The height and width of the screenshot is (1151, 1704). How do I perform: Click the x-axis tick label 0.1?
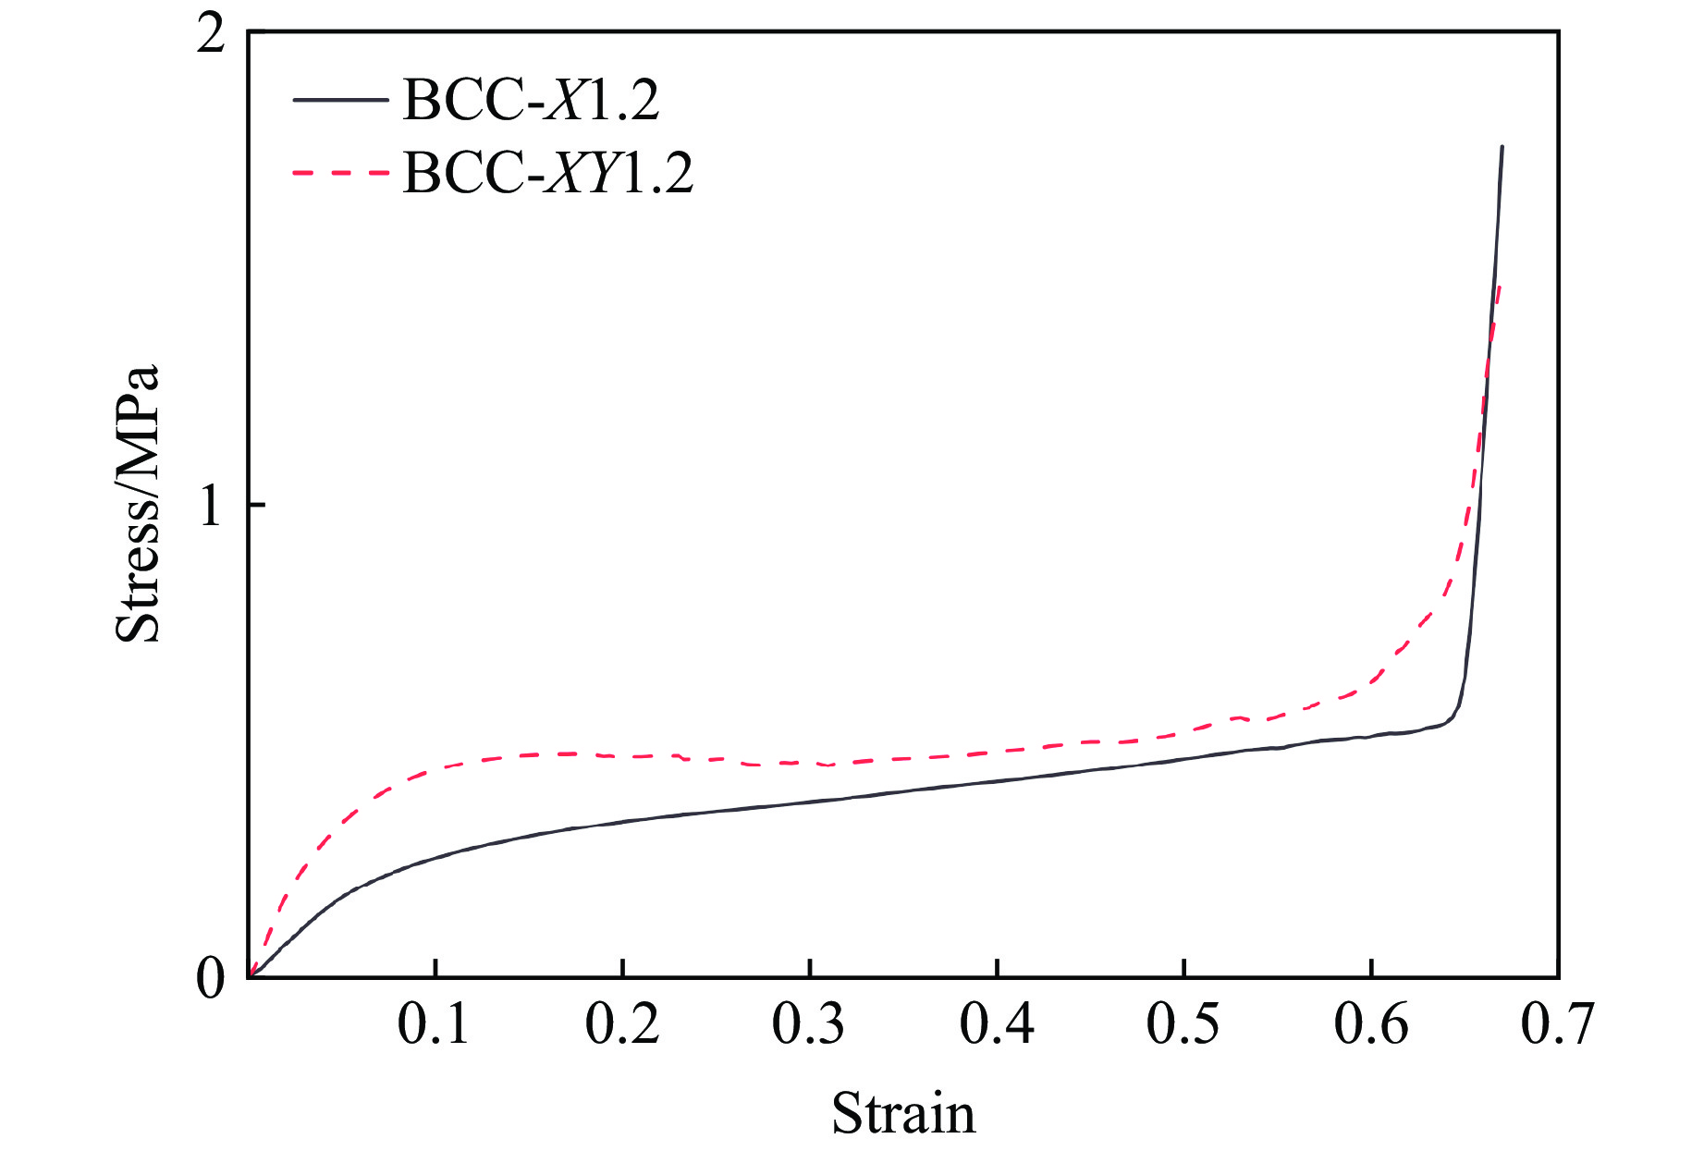coord(434,1024)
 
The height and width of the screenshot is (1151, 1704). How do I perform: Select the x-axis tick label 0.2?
coord(622,1024)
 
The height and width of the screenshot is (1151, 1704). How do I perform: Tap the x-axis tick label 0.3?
coord(809,1024)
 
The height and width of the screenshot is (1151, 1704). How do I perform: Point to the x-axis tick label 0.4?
coord(997,1024)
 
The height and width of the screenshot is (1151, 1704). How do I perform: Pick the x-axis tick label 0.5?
coord(1183,1024)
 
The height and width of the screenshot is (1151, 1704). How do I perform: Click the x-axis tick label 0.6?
coord(1371,1024)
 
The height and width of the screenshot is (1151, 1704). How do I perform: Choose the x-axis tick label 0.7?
coord(1558,1024)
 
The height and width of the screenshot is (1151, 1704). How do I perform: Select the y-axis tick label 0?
coord(212,978)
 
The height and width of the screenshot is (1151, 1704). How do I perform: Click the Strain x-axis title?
coord(903,1113)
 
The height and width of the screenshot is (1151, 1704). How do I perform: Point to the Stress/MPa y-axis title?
coord(138,504)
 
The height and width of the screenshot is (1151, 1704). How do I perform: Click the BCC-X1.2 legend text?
coord(531,99)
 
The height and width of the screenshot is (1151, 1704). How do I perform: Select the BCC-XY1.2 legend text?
coord(547,172)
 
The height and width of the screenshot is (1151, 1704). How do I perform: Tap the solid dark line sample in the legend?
coord(339,99)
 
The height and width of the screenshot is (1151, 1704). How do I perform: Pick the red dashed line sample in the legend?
coord(339,172)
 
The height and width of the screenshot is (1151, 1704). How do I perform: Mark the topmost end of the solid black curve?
coord(1502,146)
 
